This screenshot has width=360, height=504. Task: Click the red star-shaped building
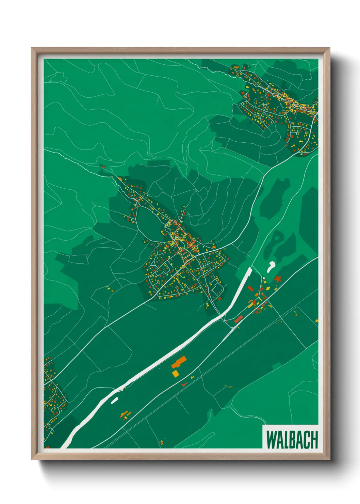pyautogui.click(x=278, y=279)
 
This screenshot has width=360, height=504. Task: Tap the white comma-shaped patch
pyautogui.click(x=271, y=266)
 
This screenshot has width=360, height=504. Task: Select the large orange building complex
pyautogui.click(x=179, y=362)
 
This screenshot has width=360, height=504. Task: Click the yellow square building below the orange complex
pyautogui.click(x=176, y=374)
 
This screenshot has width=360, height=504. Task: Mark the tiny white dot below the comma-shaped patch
pyautogui.click(x=264, y=278)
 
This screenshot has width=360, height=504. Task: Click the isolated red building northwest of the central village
pyautogui.click(x=102, y=167)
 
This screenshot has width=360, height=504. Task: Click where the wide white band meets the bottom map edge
pyautogui.click(x=65, y=447)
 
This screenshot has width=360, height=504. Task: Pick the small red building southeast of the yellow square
pyautogui.click(x=185, y=384)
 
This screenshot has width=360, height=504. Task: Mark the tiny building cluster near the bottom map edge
pyautogui.click(x=161, y=442)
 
